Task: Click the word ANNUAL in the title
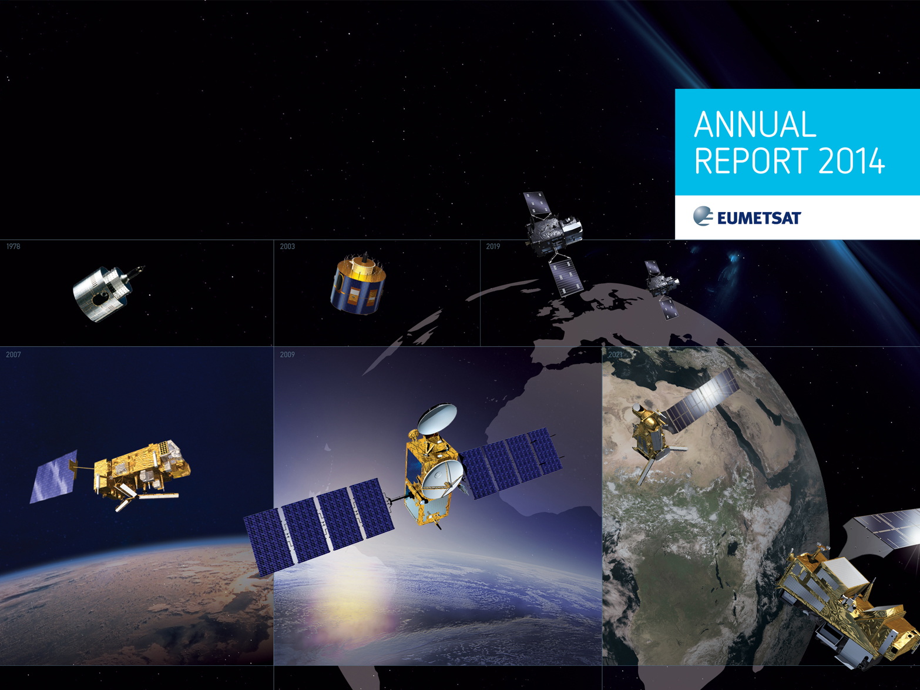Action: click(756, 124)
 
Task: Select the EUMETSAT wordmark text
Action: click(759, 218)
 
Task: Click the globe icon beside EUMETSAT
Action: click(703, 216)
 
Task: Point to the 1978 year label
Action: click(13, 247)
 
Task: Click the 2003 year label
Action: click(287, 247)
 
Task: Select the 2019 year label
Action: click(493, 247)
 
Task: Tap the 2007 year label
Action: click(13, 355)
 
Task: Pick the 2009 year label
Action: click(287, 355)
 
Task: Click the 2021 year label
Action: click(615, 355)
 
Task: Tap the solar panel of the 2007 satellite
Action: click(53, 476)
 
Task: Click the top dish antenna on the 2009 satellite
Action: click(438, 418)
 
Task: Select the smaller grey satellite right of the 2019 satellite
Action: click(662, 286)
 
